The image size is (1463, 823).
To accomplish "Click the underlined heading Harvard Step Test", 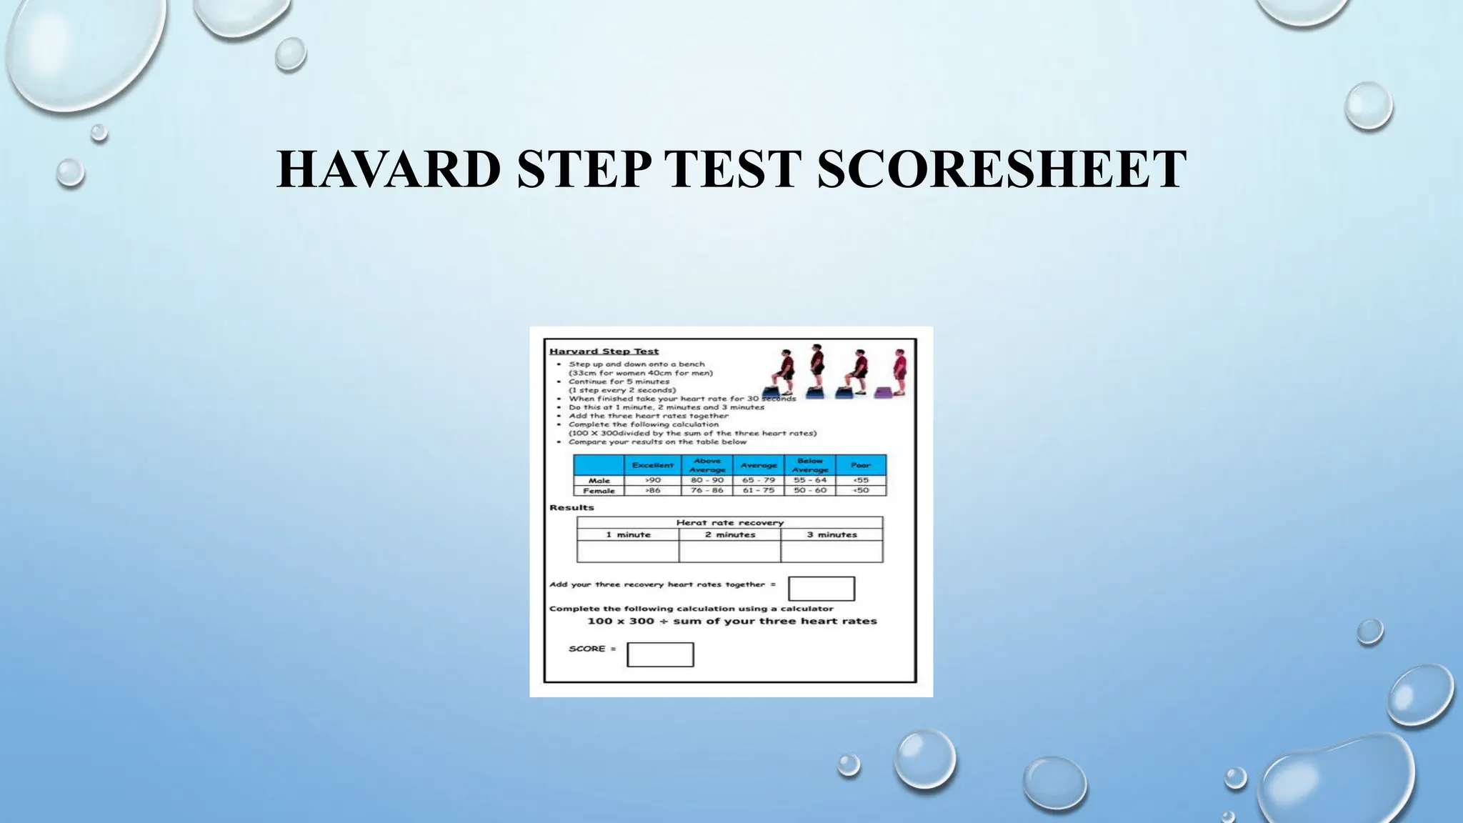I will coord(604,351).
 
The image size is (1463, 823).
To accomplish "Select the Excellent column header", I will coord(652,465).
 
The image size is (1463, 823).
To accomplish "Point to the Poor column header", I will coord(860,465).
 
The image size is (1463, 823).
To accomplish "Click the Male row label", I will coord(599,481).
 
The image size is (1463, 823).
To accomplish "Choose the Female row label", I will coord(599,491).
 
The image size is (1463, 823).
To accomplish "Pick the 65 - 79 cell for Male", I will coord(758,481).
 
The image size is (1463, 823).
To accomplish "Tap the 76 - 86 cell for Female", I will coord(706,491).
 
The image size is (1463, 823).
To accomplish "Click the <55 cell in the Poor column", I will coord(860,481).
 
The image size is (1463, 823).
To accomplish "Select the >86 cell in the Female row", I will coord(652,491).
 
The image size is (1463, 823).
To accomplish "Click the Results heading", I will coord(571,508).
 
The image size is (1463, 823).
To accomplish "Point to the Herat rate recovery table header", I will coord(729,523).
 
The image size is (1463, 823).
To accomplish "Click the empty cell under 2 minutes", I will coord(729,552).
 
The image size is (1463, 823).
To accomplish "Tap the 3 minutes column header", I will coord(832,534).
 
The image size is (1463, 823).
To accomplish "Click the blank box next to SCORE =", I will coord(660,654).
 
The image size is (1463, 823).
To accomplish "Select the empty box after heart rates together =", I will coord(821,589).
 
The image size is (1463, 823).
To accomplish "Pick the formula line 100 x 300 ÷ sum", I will coord(731,622).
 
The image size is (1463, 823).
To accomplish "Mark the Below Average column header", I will coord(809,465).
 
